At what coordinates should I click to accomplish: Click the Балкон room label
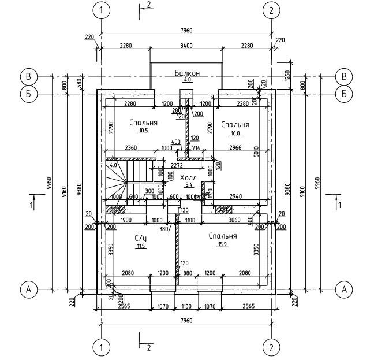coord(187,73)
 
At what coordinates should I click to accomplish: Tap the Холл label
coord(188,177)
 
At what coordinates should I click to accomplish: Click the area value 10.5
coord(144,131)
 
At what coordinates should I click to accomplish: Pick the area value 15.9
coord(223,244)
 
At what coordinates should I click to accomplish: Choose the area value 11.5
coord(141,247)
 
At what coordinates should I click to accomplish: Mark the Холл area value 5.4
coord(189,185)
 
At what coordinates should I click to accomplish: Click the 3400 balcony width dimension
coord(186,45)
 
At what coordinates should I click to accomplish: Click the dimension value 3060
coord(234,220)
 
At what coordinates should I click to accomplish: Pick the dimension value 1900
coord(126,220)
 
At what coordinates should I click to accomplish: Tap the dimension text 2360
coord(130,149)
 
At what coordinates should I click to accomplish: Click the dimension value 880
coord(188,272)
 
